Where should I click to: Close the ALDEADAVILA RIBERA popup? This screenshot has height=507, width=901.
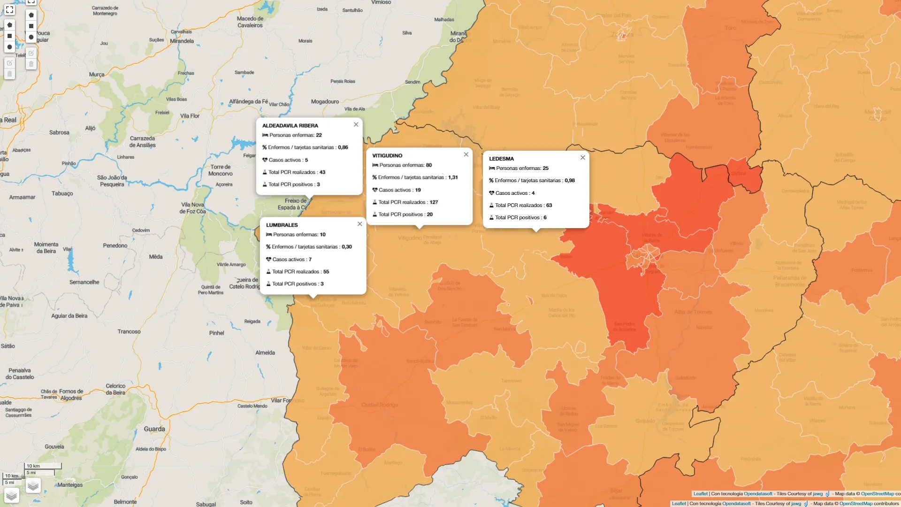tap(356, 125)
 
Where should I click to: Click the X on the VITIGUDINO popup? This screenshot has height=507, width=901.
tap(466, 155)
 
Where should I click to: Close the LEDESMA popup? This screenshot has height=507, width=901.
tap(583, 158)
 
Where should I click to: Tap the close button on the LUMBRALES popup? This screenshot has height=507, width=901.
tap(360, 224)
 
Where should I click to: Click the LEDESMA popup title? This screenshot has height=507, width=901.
tap(501, 159)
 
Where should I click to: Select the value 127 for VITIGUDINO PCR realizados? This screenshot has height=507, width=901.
tap(434, 202)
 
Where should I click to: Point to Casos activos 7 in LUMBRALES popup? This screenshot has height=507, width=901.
tap(291, 260)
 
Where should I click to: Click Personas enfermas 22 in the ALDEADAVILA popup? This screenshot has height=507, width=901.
tap(295, 135)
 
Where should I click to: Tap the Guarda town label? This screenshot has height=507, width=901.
tap(154, 429)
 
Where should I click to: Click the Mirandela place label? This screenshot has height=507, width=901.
tap(182, 41)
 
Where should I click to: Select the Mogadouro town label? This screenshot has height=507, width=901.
tap(325, 102)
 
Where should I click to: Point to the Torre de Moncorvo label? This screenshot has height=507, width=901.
tap(220, 170)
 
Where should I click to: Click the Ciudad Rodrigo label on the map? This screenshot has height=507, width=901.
tap(380, 405)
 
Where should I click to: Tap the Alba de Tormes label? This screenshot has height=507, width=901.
tap(693, 312)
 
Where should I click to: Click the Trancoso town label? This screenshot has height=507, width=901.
tap(129, 332)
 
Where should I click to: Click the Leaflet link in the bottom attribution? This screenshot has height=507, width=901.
tap(679, 504)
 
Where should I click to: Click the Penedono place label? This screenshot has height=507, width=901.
tap(115, 246)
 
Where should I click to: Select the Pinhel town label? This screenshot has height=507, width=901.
tap(216, 333)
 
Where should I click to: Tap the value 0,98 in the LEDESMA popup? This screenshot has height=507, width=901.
tap(570, 181)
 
